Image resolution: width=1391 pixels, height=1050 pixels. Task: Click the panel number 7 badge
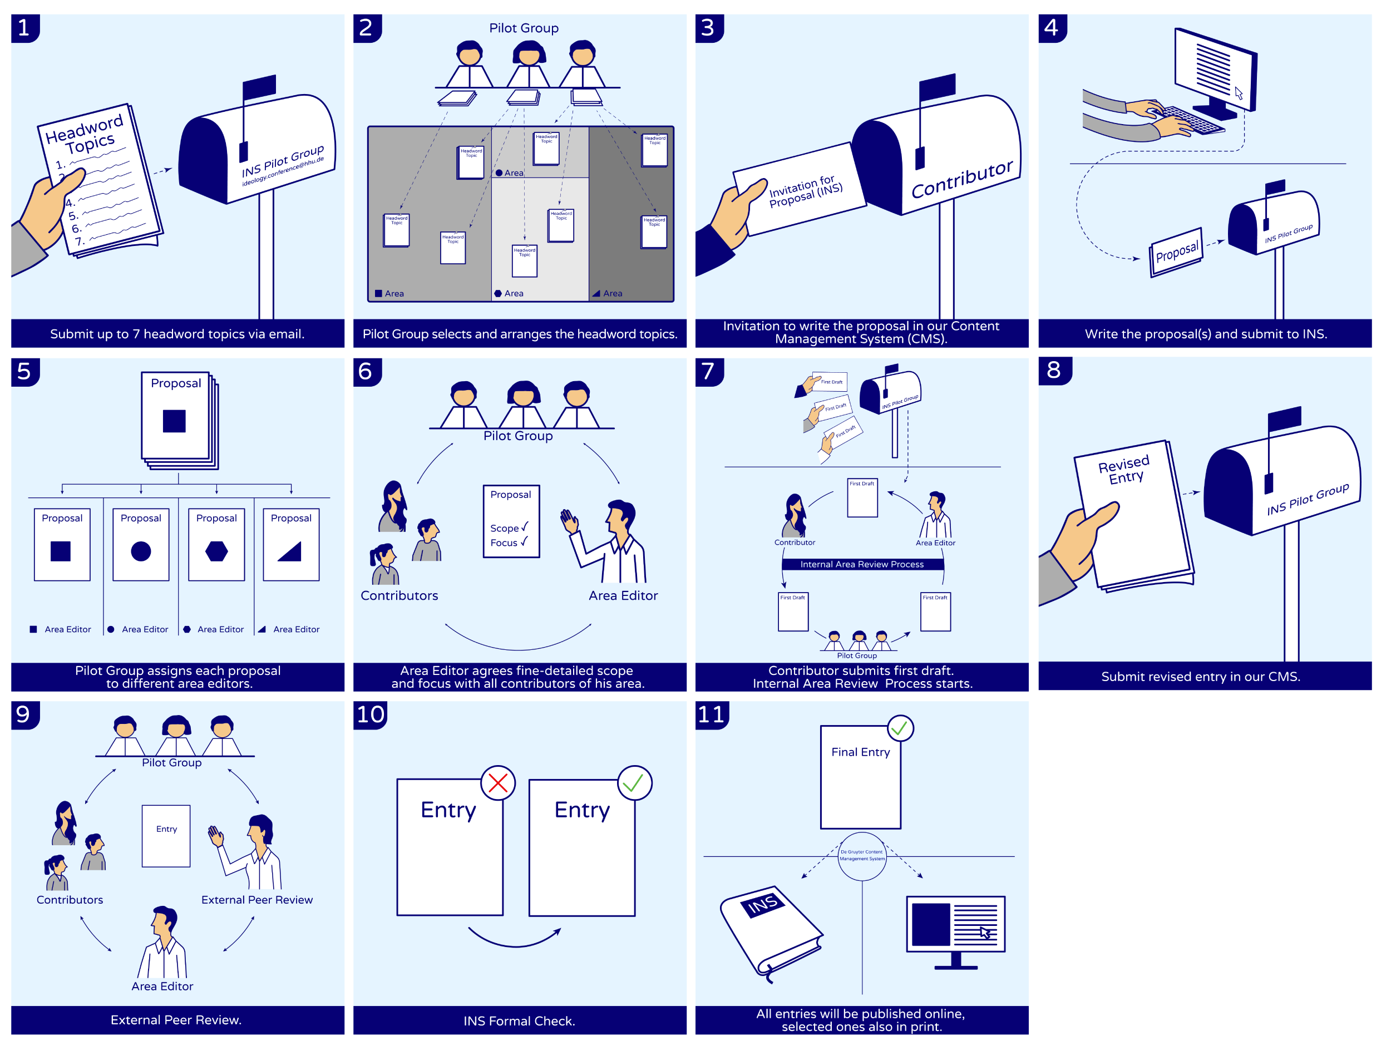[x=709, y=371]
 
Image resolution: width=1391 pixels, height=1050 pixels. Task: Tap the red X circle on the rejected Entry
[x=497, y=783]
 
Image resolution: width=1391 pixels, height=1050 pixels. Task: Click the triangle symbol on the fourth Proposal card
[x=290, y=551]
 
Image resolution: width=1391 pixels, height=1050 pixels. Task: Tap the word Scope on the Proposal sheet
[x=504, y=528]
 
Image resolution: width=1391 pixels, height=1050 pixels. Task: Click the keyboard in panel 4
[x=1192, y=120]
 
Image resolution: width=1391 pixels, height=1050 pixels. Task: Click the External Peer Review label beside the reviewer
[x=257, y=899]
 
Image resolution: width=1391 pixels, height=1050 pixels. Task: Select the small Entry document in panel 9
[x=166, y=836]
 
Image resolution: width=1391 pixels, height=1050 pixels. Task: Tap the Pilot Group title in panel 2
[x=524, y=28]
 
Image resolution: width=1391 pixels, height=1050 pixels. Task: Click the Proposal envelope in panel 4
[x=1176, y=252]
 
